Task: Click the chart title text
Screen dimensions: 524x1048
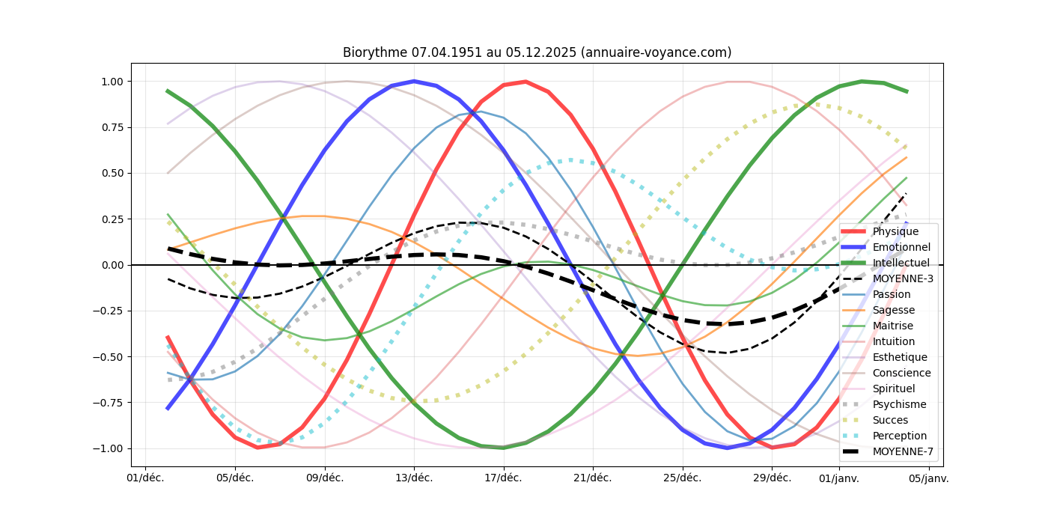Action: click(537, 52)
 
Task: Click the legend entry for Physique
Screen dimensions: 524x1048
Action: click(895, 231)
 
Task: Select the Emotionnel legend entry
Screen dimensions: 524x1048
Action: click(901, 247)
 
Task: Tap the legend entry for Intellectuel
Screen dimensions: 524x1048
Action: click(901, 263)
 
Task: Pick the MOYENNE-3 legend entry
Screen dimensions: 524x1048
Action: click(903, 278)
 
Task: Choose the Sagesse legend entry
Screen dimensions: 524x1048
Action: click(893, 310)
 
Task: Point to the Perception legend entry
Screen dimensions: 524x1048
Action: click(899, 436)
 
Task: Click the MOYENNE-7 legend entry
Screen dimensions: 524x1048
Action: click(903, 451)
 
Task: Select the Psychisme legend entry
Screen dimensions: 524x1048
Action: click(899, 404)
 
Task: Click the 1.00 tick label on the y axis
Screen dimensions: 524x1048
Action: click(111, 82)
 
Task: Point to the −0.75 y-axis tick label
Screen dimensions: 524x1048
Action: click(108, 403)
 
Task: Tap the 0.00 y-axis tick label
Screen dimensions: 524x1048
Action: click(111, 265)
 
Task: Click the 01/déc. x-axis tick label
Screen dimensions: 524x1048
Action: click(145, 478)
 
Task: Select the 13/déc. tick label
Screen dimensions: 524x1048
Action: click(414, 478)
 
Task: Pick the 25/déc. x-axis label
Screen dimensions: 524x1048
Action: click(683, 478)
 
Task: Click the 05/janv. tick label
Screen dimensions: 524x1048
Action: click(929, 478)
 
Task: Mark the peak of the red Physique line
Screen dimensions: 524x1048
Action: click(525, 82)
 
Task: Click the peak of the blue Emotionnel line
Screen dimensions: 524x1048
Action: click(414, 81)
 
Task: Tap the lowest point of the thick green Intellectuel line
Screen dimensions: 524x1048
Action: click(503, 447)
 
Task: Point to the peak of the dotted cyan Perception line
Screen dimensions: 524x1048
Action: click(570, 159)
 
